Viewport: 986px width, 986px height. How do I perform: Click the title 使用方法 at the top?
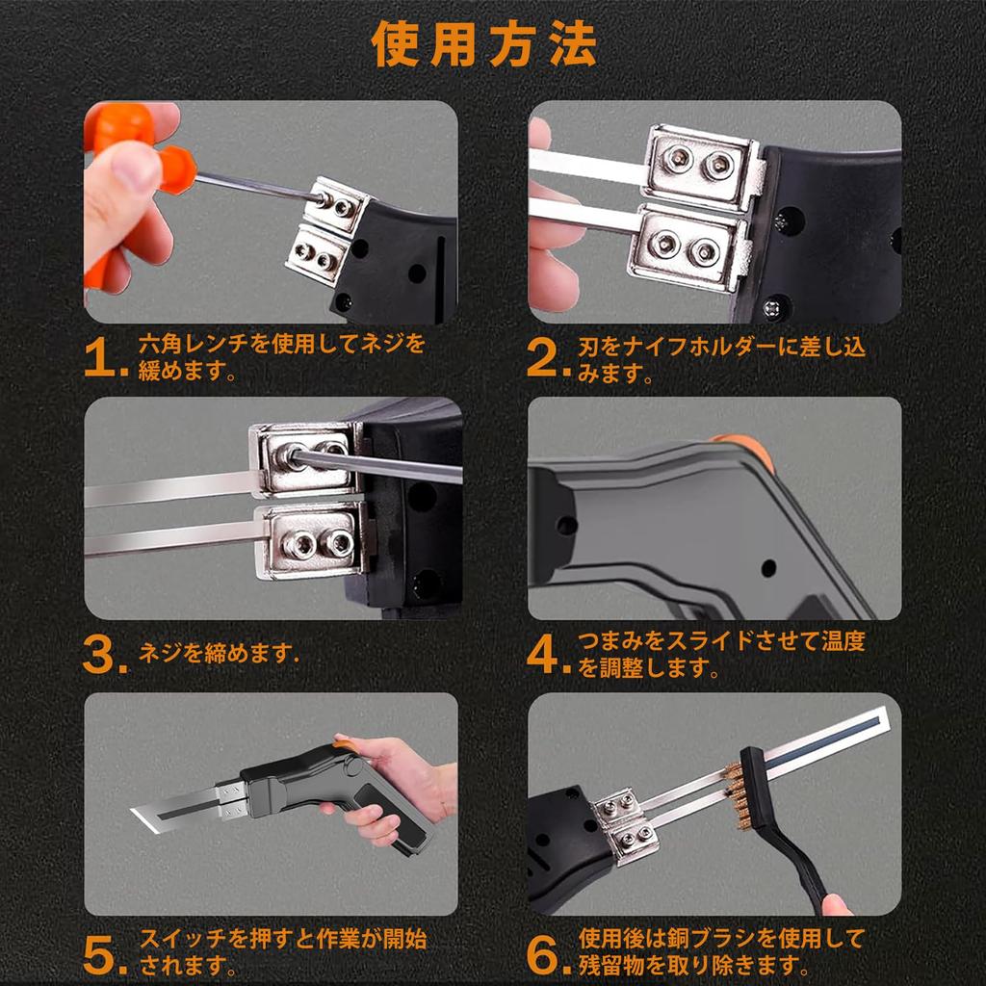(484, 45)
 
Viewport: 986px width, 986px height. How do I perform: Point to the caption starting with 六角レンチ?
(279, 357)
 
